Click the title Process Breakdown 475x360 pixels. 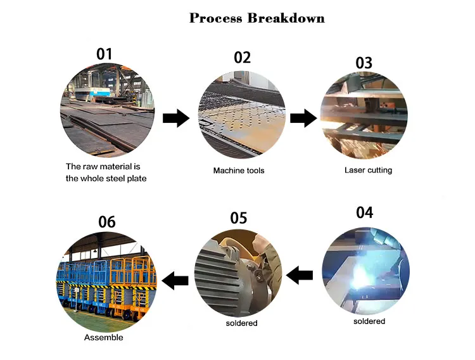[x=257, y=18]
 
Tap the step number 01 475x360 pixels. [x=104, y=54]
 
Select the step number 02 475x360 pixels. [x=243, y=57]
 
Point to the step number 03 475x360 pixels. [x=364, y=63]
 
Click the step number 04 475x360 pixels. [x=364, y=212]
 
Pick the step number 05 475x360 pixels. [x=239, y=218]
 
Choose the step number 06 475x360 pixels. [x=107, y=222]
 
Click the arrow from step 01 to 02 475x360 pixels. [x=176, y=119]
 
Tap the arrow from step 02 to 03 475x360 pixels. [x=303, y=119]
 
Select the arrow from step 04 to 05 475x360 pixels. [x=300, y=275]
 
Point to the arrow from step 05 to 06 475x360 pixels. [x=175, y=281]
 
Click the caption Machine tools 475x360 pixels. [x=239, y=170]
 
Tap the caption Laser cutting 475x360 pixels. [x=369, y=170]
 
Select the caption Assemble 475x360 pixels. [x=104, y=338]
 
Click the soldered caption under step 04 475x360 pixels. [x=369, y=321]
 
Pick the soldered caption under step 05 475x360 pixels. [x=242, y=323]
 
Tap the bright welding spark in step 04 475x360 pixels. [x=361, y=274]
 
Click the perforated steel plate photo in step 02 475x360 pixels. [x=242, y=115]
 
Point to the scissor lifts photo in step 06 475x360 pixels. [x=106, y=281]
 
